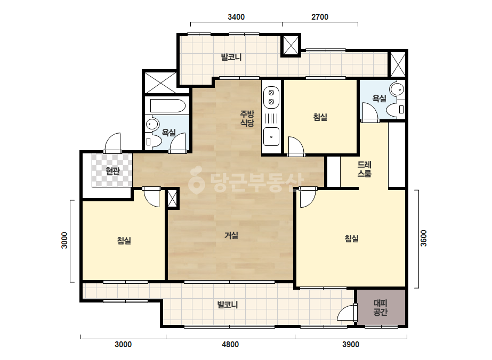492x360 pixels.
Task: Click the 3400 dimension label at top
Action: pos(236,17)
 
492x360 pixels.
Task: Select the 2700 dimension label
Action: pos(320,17)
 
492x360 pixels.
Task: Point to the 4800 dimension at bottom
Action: pos(230,345)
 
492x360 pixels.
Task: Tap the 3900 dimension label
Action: pos(351,345)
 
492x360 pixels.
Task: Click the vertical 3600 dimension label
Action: pos(423,239)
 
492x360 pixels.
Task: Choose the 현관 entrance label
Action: pos(112,171)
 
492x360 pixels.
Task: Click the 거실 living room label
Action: pos(231,235)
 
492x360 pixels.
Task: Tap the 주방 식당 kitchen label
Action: pos(247,118)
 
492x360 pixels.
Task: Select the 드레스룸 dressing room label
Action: pos(364,169)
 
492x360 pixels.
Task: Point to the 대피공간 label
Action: pos(380,308)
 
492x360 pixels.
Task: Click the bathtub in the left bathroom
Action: pos(167,105)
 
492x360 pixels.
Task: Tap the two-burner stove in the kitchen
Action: pos(271,97)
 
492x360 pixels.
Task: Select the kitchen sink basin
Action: pos(271,136)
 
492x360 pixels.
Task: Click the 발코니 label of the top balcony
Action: pos(231,57)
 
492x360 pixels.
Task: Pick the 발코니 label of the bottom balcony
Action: pos(228,305)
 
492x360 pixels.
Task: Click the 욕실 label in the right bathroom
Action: pos(379,99)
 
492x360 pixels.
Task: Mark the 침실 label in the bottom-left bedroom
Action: pos(124,241)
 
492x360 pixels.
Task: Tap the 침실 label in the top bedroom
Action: pos(320,117)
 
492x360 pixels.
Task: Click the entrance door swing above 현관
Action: pos(112,143)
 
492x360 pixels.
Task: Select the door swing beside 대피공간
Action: pos(347,312)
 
